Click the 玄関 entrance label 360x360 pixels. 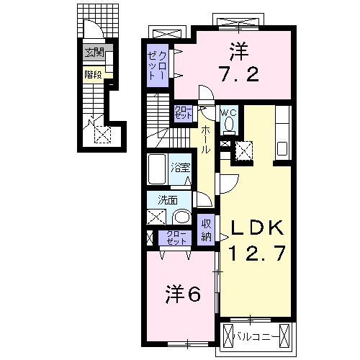click(94, 53)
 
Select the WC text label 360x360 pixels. click(228, 113)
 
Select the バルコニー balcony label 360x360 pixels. click(258, 335)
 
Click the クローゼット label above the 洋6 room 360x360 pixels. click(177, 238)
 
